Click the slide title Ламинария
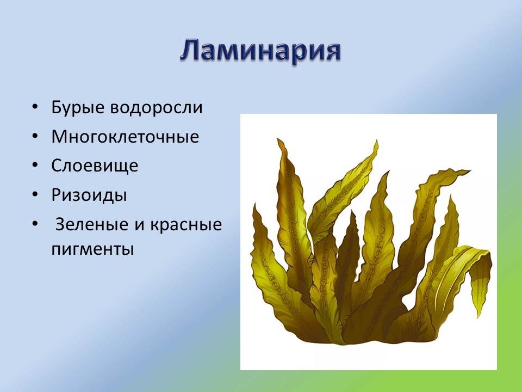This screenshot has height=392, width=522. point(260,52)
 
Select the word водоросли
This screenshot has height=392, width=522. point(157,108)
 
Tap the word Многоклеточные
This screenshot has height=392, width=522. point(125,137)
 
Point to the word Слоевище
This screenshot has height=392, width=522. point(95,166)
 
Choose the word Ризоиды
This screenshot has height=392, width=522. point(89,195)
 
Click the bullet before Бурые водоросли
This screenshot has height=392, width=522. point(35,107)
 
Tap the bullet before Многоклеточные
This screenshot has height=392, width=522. point(35,136)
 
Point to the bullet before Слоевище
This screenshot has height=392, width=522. point(35,166)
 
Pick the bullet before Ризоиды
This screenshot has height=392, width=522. point(35,194)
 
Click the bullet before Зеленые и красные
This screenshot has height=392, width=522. point(35,224)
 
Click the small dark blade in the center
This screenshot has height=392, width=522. point(348,256)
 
